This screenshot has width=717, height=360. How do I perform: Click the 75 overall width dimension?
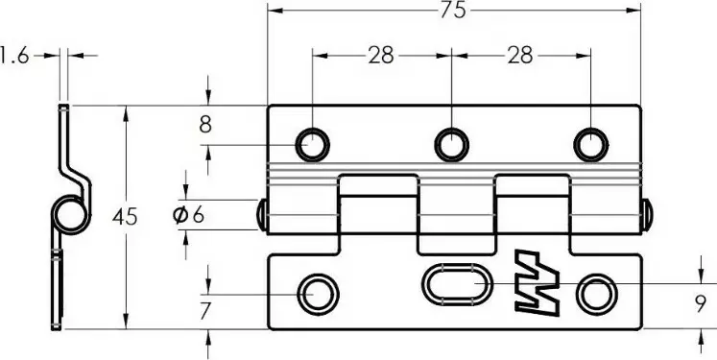[x=453, y=10]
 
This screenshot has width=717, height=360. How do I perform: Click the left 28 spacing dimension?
[x=380, y=56]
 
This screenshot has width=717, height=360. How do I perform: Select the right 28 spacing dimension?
[x=520, y=56]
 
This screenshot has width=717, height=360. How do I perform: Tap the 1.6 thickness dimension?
[x=13, y=56]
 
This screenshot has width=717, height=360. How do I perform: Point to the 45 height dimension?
[x=125, y=216]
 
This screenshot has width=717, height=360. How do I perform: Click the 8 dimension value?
[x=205, y=125]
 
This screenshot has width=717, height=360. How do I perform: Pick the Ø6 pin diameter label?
[x=188, y=214]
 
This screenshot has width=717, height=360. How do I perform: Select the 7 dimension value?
[x=205, y=311]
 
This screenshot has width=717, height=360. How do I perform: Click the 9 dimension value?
[x=701, y=305]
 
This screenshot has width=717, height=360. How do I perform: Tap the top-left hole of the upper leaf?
[x=312, y=145]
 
